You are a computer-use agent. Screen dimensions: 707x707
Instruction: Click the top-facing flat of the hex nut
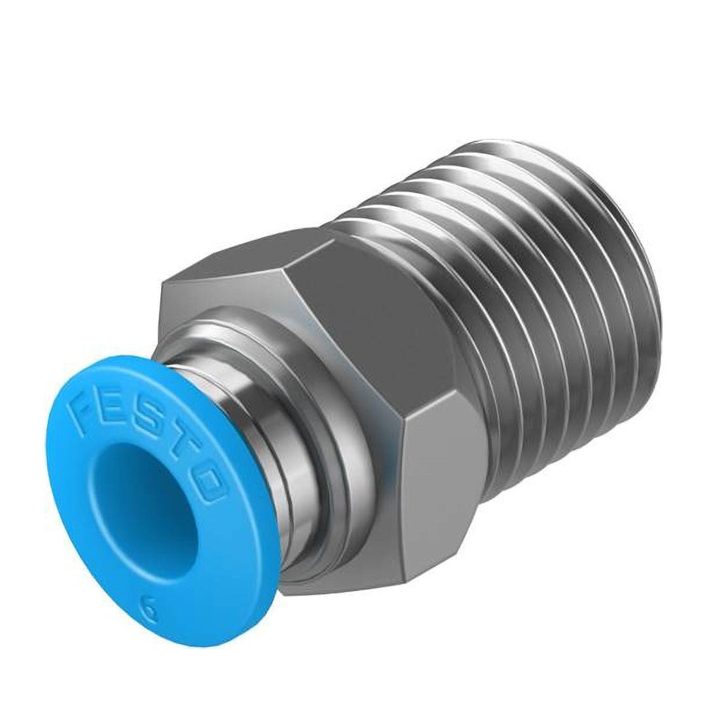262,262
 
